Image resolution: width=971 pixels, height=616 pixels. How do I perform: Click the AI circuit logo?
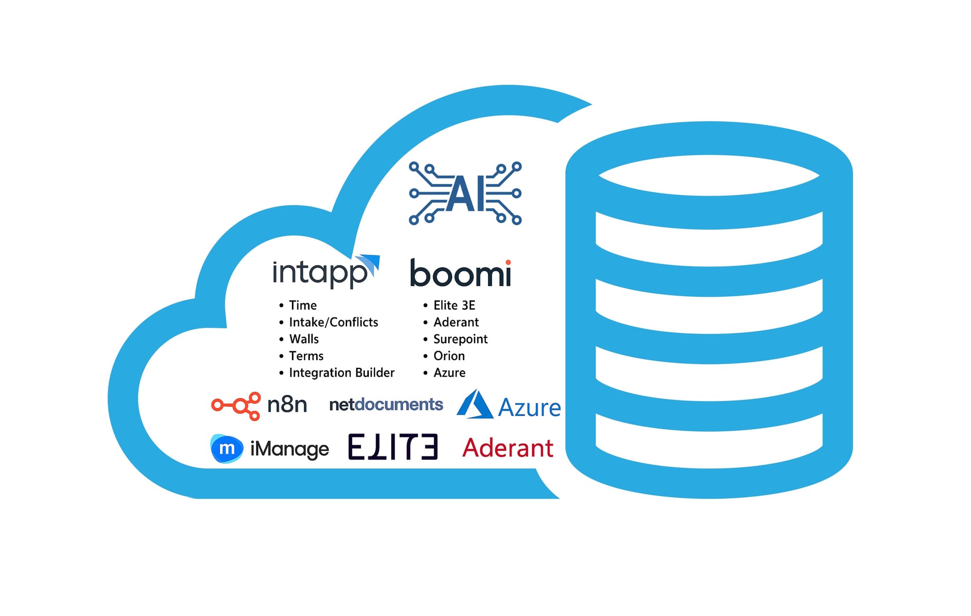(465, 193)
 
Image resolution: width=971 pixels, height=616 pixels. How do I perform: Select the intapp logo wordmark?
(320, 273)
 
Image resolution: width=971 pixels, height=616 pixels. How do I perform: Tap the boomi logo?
(460, 274)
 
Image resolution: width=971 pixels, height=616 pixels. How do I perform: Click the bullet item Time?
(302, 305)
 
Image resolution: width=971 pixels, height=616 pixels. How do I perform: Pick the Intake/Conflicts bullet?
(333, 322)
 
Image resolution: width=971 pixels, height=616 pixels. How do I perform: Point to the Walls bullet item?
(304, 339)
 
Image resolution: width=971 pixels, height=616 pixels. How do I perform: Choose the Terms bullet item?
(306, 356)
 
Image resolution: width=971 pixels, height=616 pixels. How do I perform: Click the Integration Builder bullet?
(341, 373)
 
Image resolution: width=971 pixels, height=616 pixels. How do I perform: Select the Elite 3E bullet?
(454, 305)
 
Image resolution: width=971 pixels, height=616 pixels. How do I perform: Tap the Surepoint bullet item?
(460, 339)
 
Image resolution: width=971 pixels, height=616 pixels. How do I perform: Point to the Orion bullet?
(449, 356)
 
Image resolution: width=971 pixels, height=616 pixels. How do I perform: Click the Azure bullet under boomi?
(449, 373)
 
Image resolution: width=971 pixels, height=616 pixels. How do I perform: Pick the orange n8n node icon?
(236, 406)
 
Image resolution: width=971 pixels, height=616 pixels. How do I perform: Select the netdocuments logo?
(386, 405)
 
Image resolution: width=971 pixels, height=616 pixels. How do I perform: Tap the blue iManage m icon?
(227, 448)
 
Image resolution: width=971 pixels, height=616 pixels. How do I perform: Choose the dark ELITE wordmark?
(393, 447)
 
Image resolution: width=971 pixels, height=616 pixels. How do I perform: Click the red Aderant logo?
(508, 448)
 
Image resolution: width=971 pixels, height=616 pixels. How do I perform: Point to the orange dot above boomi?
(508, 262)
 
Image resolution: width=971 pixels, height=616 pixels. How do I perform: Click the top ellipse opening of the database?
(709, 175)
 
